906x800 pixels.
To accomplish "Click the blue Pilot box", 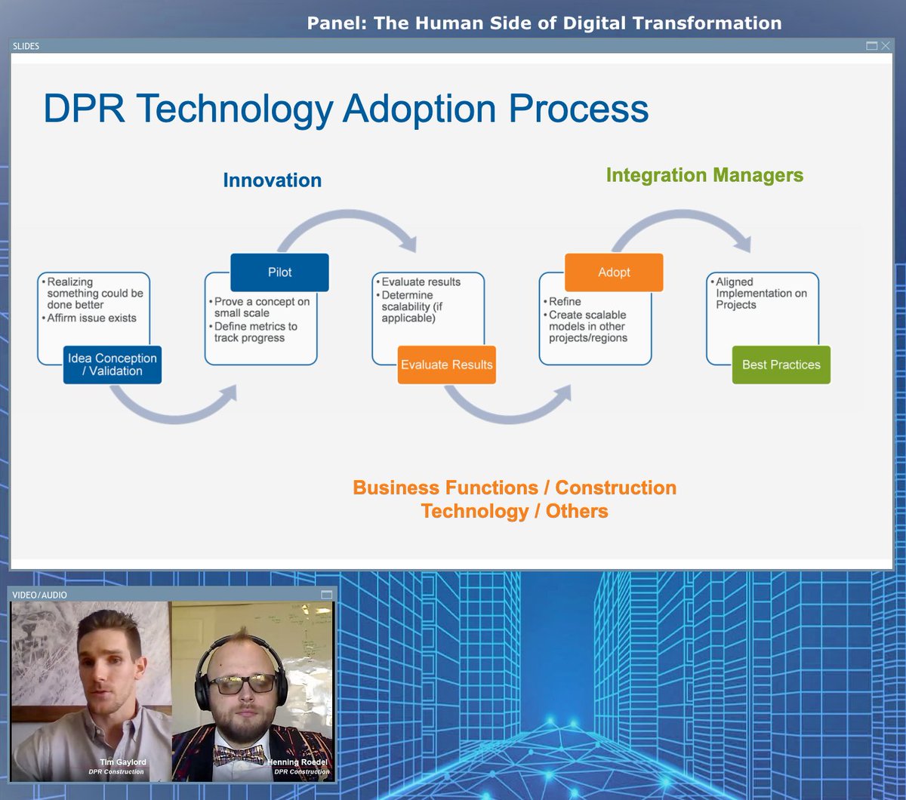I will pos(279,272).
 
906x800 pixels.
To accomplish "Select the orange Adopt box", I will pos(614,272).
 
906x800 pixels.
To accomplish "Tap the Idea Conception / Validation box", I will pos(112,365).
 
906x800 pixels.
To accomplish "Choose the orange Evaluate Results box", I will pos(446,365).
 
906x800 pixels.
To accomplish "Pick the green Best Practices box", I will pos(781,365).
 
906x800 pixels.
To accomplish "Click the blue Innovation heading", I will pos(272,180).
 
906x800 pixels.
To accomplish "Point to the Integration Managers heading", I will pos(704,175).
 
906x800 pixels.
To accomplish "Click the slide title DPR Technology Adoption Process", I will pos(346,109).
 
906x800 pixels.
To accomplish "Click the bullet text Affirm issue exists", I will pos(91,318).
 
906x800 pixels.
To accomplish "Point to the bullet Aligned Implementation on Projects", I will pos(761,293).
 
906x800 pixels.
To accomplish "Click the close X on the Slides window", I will pos(886,46).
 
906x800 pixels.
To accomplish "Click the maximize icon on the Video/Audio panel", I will pos(326,595).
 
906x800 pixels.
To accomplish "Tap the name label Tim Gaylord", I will pos(122,762).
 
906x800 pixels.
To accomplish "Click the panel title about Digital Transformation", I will pos(544,23).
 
